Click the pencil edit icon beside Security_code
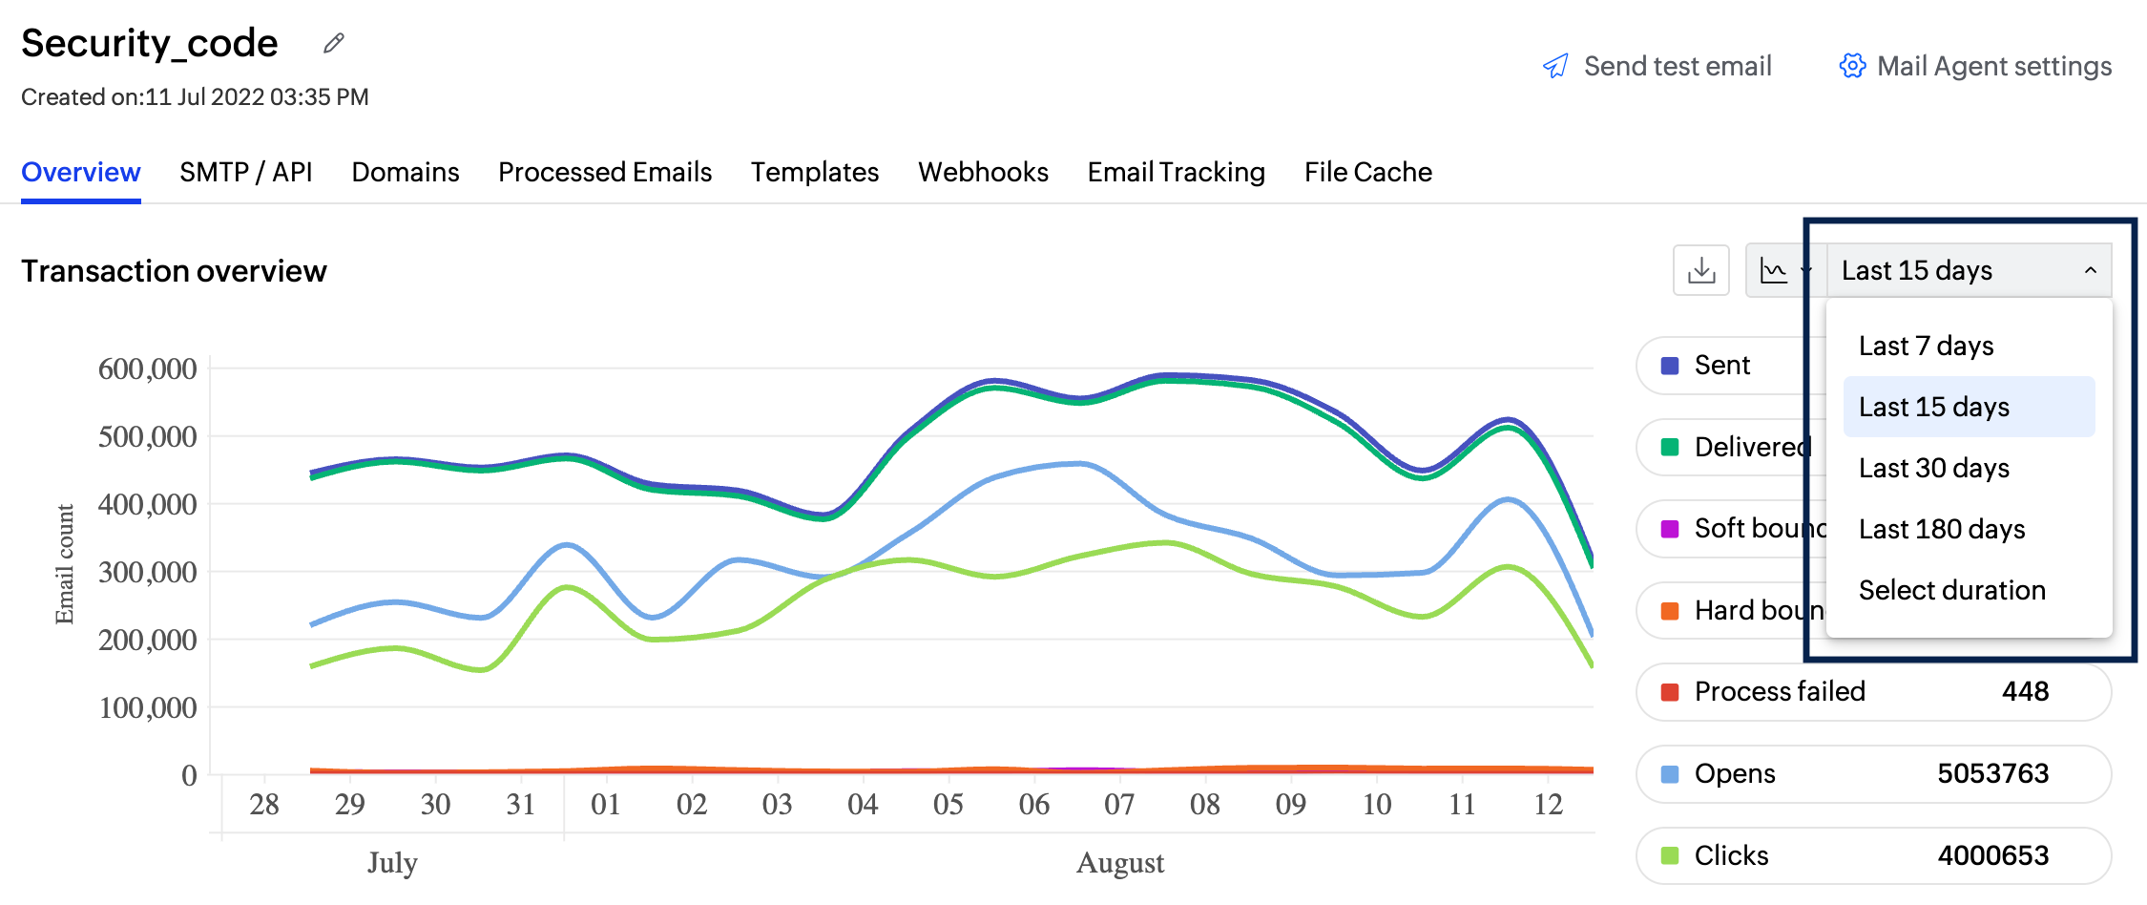pyautogui.click(x=333, y=43)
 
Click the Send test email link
pyautogui.click(x=1657, y=66)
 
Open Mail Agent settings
pyautogui.click(x=1975, y=66)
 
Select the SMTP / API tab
pyautogui.click(x=245, y=172)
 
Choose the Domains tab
pyautogui.click(x=406, y=172)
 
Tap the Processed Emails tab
pyautogui.click(x=605, y=172)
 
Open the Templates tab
pyautogui.click(x=815, y=172)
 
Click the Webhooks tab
pyautogui.click(x=983, y=172)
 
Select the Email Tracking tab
pyautogui.click(x=1177, y=172)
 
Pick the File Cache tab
pyautogui.click(x=1368, y=172)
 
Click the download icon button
pyautogui.click(x=1700, y=271)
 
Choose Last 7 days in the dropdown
pyautogui.click(x=1927, y=346)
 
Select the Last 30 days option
pyautogui.click(x=1934, y=468)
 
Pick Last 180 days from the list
pyautogui.click(x=1942, y=529)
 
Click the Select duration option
pyautogui.click(x=1952, y=590)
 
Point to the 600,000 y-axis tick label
pyautogui.click(x=147, y=368)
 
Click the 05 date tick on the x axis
pyautogui.click(x=948, y=804)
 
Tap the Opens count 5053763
pyautogui.click(x=1992, y=773)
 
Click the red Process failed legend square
pyautogui.click(x=1670, y=692)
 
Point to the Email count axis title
pyautogui.click(x=65, y=563)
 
